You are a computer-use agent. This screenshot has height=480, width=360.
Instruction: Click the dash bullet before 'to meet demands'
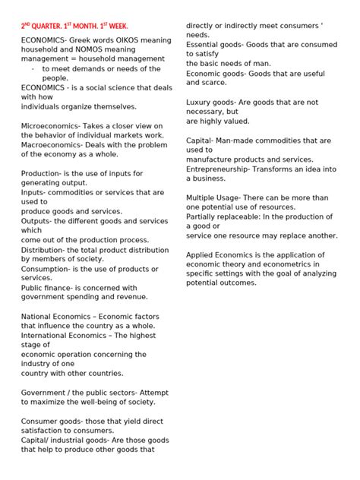tap(33, 68)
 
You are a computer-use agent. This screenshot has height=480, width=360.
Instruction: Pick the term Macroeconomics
tap(50, 144)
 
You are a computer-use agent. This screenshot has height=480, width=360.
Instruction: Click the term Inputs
tap(34, 192)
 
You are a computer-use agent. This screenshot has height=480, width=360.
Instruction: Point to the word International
tap(48, 335)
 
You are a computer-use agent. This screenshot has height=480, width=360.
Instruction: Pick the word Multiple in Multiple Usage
tap(204, 197)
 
